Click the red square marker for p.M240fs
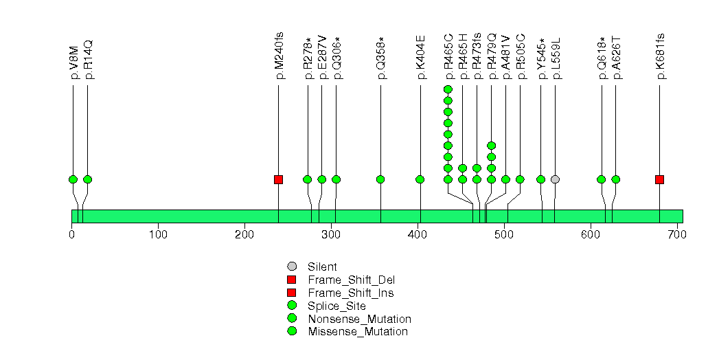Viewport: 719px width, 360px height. (278, 179)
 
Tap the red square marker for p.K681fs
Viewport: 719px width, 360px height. (659, 179)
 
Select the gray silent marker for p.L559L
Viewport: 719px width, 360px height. (555, 179)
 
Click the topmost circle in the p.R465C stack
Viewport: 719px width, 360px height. (448, 89)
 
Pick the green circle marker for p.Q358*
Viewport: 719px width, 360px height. (380, 179)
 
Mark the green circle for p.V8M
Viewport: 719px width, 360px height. (73, 179)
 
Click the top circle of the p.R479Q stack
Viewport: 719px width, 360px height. (491, 146)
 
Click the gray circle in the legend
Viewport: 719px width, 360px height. (291, 266)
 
